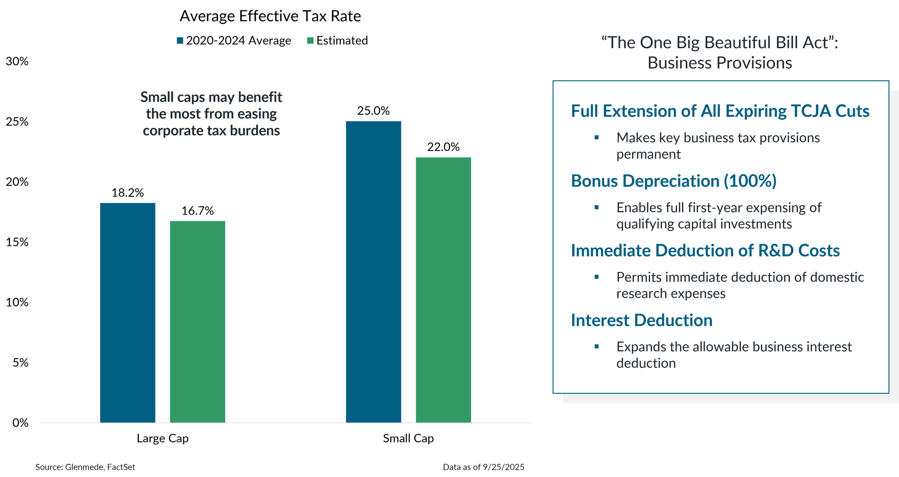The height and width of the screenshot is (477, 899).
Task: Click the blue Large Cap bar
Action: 128,312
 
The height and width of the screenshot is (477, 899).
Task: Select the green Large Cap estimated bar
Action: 198,321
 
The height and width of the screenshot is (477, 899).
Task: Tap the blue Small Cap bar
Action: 374,272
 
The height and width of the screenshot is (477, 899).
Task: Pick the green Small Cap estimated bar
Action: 443,290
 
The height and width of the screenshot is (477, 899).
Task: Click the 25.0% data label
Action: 373,111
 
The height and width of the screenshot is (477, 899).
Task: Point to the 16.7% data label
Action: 197,211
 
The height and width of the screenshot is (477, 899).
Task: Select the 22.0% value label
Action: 443,147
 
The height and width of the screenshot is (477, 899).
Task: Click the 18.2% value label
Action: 128,193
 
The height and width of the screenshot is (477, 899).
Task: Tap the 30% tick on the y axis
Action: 17,62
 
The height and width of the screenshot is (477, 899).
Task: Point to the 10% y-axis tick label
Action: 17,302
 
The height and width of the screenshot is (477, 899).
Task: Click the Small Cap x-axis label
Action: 408,439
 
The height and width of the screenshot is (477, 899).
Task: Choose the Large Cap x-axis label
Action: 163,439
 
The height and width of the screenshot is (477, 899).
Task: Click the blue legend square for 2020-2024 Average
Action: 180,41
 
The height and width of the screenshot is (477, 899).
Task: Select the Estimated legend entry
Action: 342,41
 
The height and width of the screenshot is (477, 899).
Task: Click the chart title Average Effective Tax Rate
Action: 270,16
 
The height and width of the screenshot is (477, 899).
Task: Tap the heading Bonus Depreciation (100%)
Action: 673,181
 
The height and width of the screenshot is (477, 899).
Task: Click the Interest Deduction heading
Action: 641,320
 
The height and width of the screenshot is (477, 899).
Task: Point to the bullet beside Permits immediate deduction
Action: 596,277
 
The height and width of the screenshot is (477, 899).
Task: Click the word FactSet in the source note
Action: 121,467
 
